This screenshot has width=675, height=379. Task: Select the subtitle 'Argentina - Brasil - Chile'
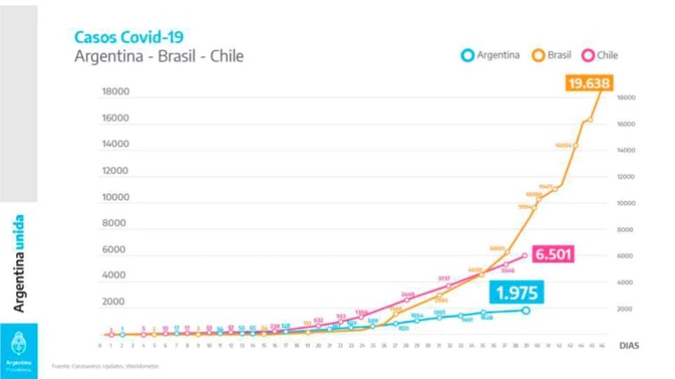pos(159,56)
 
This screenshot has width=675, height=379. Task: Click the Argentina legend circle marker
pos(467,54)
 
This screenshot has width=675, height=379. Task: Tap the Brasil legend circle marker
pos(539,54)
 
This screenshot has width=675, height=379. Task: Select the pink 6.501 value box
pos(556,254)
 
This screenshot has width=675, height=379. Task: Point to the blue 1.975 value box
pos(517,293)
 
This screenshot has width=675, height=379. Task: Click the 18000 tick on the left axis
pos(116,92)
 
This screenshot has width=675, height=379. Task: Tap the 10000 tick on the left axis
pos(116,197)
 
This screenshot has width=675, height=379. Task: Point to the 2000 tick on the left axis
pos(118,302)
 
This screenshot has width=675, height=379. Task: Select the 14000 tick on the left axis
pos(116,144)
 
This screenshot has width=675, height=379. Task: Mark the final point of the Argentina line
pos(526,310)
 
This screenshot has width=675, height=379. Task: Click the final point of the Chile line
pos(525,254)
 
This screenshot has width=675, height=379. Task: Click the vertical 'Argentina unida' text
pos(19,263)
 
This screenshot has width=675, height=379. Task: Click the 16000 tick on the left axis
pos(116,118)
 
